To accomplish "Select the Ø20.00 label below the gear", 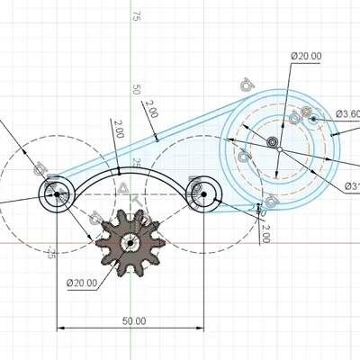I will click(x=81, y=283).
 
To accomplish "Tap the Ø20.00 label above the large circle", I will click(x=306, y=57).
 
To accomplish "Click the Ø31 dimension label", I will click(x=351, y=187).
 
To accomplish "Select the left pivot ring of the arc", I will click(x=58, y=193).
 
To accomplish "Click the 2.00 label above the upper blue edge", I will click(x=148, y=110).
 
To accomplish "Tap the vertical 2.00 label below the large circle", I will click(x=265, y=233).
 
